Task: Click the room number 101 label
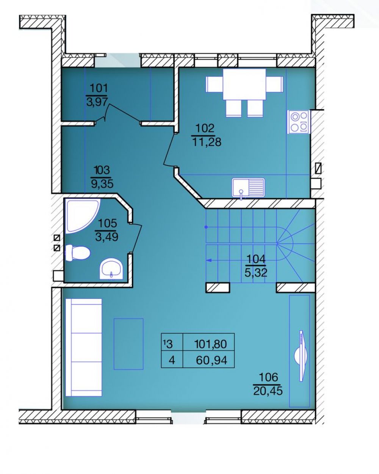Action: point(99,88)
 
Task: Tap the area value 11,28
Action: point(207,142)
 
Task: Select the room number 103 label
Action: point(102,170)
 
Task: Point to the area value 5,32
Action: point(256,273)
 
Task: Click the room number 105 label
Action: point(107,223)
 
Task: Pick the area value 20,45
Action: point(268,391)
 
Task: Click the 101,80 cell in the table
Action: point(208,344)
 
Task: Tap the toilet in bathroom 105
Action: point(78,253)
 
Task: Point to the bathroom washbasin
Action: point(111,269)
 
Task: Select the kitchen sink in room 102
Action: point(248,188)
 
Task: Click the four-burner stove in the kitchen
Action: point(299,122)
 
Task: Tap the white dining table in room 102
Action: point(244,84)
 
